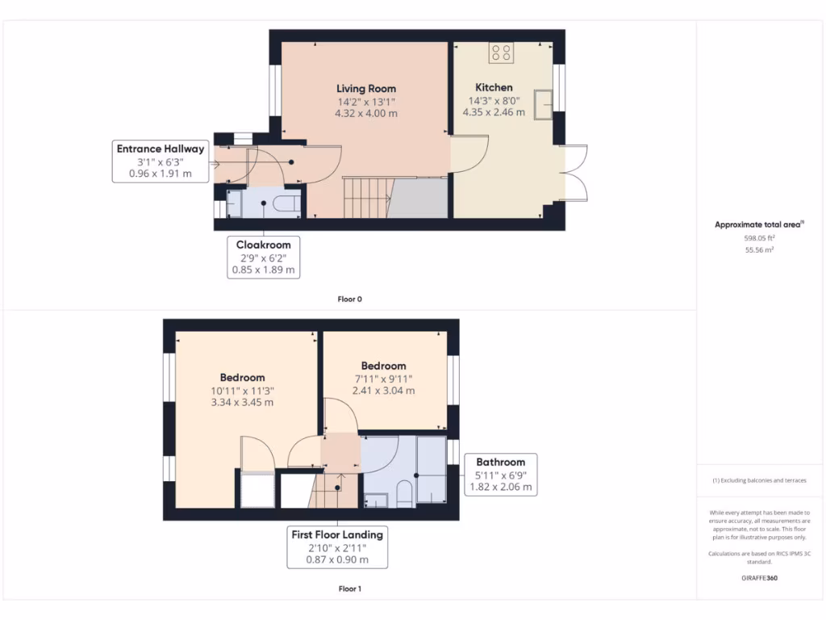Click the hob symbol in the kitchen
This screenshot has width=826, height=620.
point(500,53)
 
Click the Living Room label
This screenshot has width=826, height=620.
point(366,88)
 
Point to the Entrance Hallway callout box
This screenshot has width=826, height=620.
point(161,161)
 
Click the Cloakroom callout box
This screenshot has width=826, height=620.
point(263,258)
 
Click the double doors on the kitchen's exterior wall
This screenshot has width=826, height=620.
point(574,172)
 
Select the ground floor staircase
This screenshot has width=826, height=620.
point(367,197)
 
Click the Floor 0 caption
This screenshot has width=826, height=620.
point(349,299)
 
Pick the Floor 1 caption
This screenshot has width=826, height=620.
point(349,589)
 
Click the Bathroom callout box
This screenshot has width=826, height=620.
point(500,475)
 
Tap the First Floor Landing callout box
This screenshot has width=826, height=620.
point(337,547)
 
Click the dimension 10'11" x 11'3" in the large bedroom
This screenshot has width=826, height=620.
point(242,391)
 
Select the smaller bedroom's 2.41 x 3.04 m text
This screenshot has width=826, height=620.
point(383,391)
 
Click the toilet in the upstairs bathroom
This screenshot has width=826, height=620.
point(404,493)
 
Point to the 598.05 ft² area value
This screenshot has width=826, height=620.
point(759,239)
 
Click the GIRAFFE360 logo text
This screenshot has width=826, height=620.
point(759,578)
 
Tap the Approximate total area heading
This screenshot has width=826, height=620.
point(759,225)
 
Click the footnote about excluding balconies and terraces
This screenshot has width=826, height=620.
point(759,480)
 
